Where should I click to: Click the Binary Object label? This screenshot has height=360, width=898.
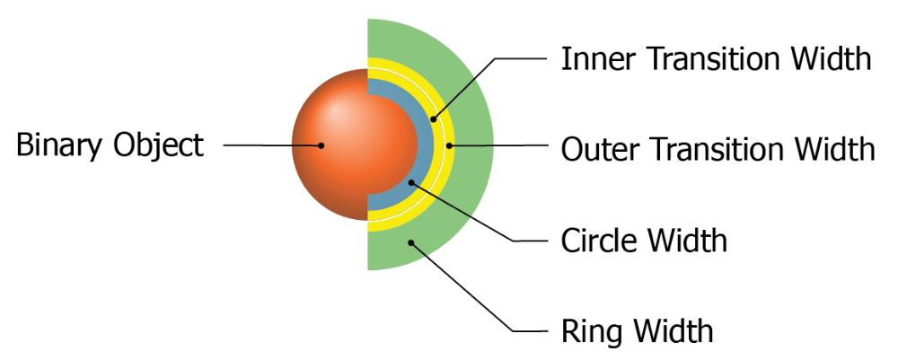click(110, 145)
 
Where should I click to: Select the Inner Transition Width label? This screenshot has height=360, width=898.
click(716, 59)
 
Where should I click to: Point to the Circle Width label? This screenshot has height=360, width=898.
click(643, 241)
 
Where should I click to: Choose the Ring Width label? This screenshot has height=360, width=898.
click(637, 330)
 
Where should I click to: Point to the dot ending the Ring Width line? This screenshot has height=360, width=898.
click(410, 240)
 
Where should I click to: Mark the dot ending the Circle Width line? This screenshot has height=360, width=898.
click(412, 182)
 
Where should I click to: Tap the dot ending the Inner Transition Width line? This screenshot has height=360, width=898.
click(433, 118)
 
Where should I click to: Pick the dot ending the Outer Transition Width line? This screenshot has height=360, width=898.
click(449, 145)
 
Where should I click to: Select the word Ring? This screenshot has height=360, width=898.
click(584, 330)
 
